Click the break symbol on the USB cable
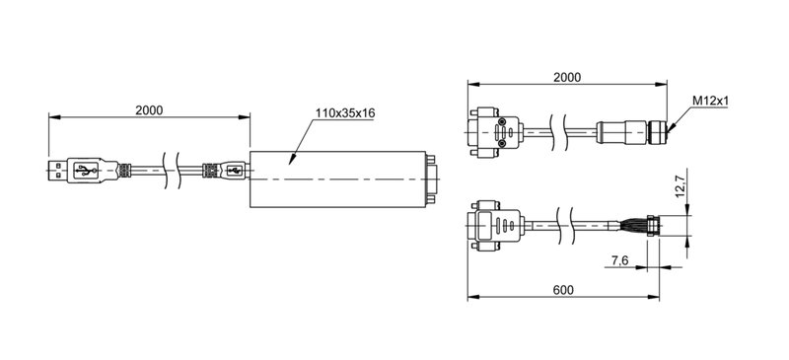(x=173, y=171)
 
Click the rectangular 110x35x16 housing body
(x=335, y=179)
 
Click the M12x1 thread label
(x=710, y=101)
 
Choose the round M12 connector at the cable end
(x=658, y=129)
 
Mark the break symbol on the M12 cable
(x=563, y=129)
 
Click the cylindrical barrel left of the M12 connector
(x=616, y=129)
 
